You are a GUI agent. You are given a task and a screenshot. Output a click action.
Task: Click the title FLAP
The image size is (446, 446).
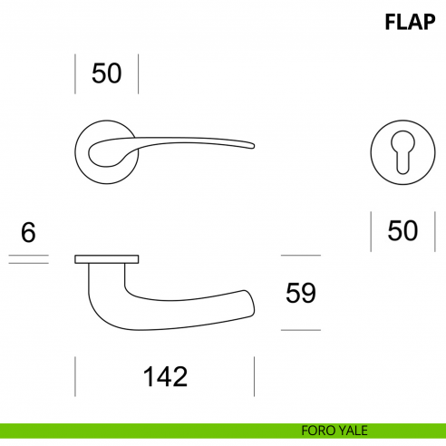[x=410, y=22]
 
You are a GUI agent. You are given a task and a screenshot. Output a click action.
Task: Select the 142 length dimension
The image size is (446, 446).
[x=164, y=376]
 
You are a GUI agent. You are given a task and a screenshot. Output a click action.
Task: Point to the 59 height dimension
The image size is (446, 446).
[x=300, y=293]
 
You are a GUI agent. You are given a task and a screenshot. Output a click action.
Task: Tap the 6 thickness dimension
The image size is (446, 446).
[x=28, y=232]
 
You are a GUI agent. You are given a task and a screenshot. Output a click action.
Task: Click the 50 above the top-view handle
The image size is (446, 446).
[x=106, y=73]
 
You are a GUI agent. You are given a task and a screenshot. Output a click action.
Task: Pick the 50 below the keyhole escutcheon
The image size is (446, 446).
[x=402, y=231]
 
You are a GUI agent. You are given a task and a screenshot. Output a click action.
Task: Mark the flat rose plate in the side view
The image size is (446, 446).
[x=106, y=260]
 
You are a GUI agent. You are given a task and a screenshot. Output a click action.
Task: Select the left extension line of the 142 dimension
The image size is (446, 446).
[x=74, y=376]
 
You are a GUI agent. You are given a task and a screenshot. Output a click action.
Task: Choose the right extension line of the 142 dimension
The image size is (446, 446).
[x=255, y=376]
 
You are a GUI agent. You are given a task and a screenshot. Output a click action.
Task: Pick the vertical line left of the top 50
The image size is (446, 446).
[x=74, y=73]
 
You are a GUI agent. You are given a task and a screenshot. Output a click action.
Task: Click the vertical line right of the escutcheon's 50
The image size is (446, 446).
[x=432, y=231]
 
